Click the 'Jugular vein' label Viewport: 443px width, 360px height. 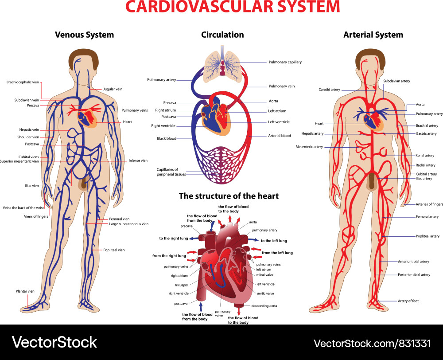pyautogui.click(x=113, y=89)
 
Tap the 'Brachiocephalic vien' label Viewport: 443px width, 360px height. pyautogui.click(x=23, y=82)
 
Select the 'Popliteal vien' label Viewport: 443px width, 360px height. pyautogui.click(x=114, y=250)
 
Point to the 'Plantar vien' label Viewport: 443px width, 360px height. pyautogui.click(x=25, y=291)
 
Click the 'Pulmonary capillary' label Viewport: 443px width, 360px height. pyautogui.click(x=285, y=62)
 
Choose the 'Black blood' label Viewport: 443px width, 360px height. pyautogui.click(x=167, y=139)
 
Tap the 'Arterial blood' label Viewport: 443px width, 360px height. pyautogui.click(x=280, y=136)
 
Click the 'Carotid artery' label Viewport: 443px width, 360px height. pyautogui.click(x=330, y=90)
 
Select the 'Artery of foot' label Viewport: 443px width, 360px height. pyautogui.click(x=408, y=301)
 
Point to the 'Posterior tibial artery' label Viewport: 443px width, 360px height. pyautogui.click(x=414, y=274)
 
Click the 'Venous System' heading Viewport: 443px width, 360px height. pyautogui.click(x=85, y=35)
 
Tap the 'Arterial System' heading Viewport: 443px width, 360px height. pyautogui.click(x=373, y=35)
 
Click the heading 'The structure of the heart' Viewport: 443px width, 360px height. pyautogui.click(x=229, y=196)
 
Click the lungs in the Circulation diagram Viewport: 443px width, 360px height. pyautogui.click(x=222, y=64)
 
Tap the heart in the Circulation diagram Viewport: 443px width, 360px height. pyautogui.click(x=216, y=116)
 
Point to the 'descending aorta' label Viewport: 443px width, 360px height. pyautogui.click(x=264, y=306)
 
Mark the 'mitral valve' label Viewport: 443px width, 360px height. pyautogui.click(x=265, y=275)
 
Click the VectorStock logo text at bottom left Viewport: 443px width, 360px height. pyautogui.click(x=54, y=342)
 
